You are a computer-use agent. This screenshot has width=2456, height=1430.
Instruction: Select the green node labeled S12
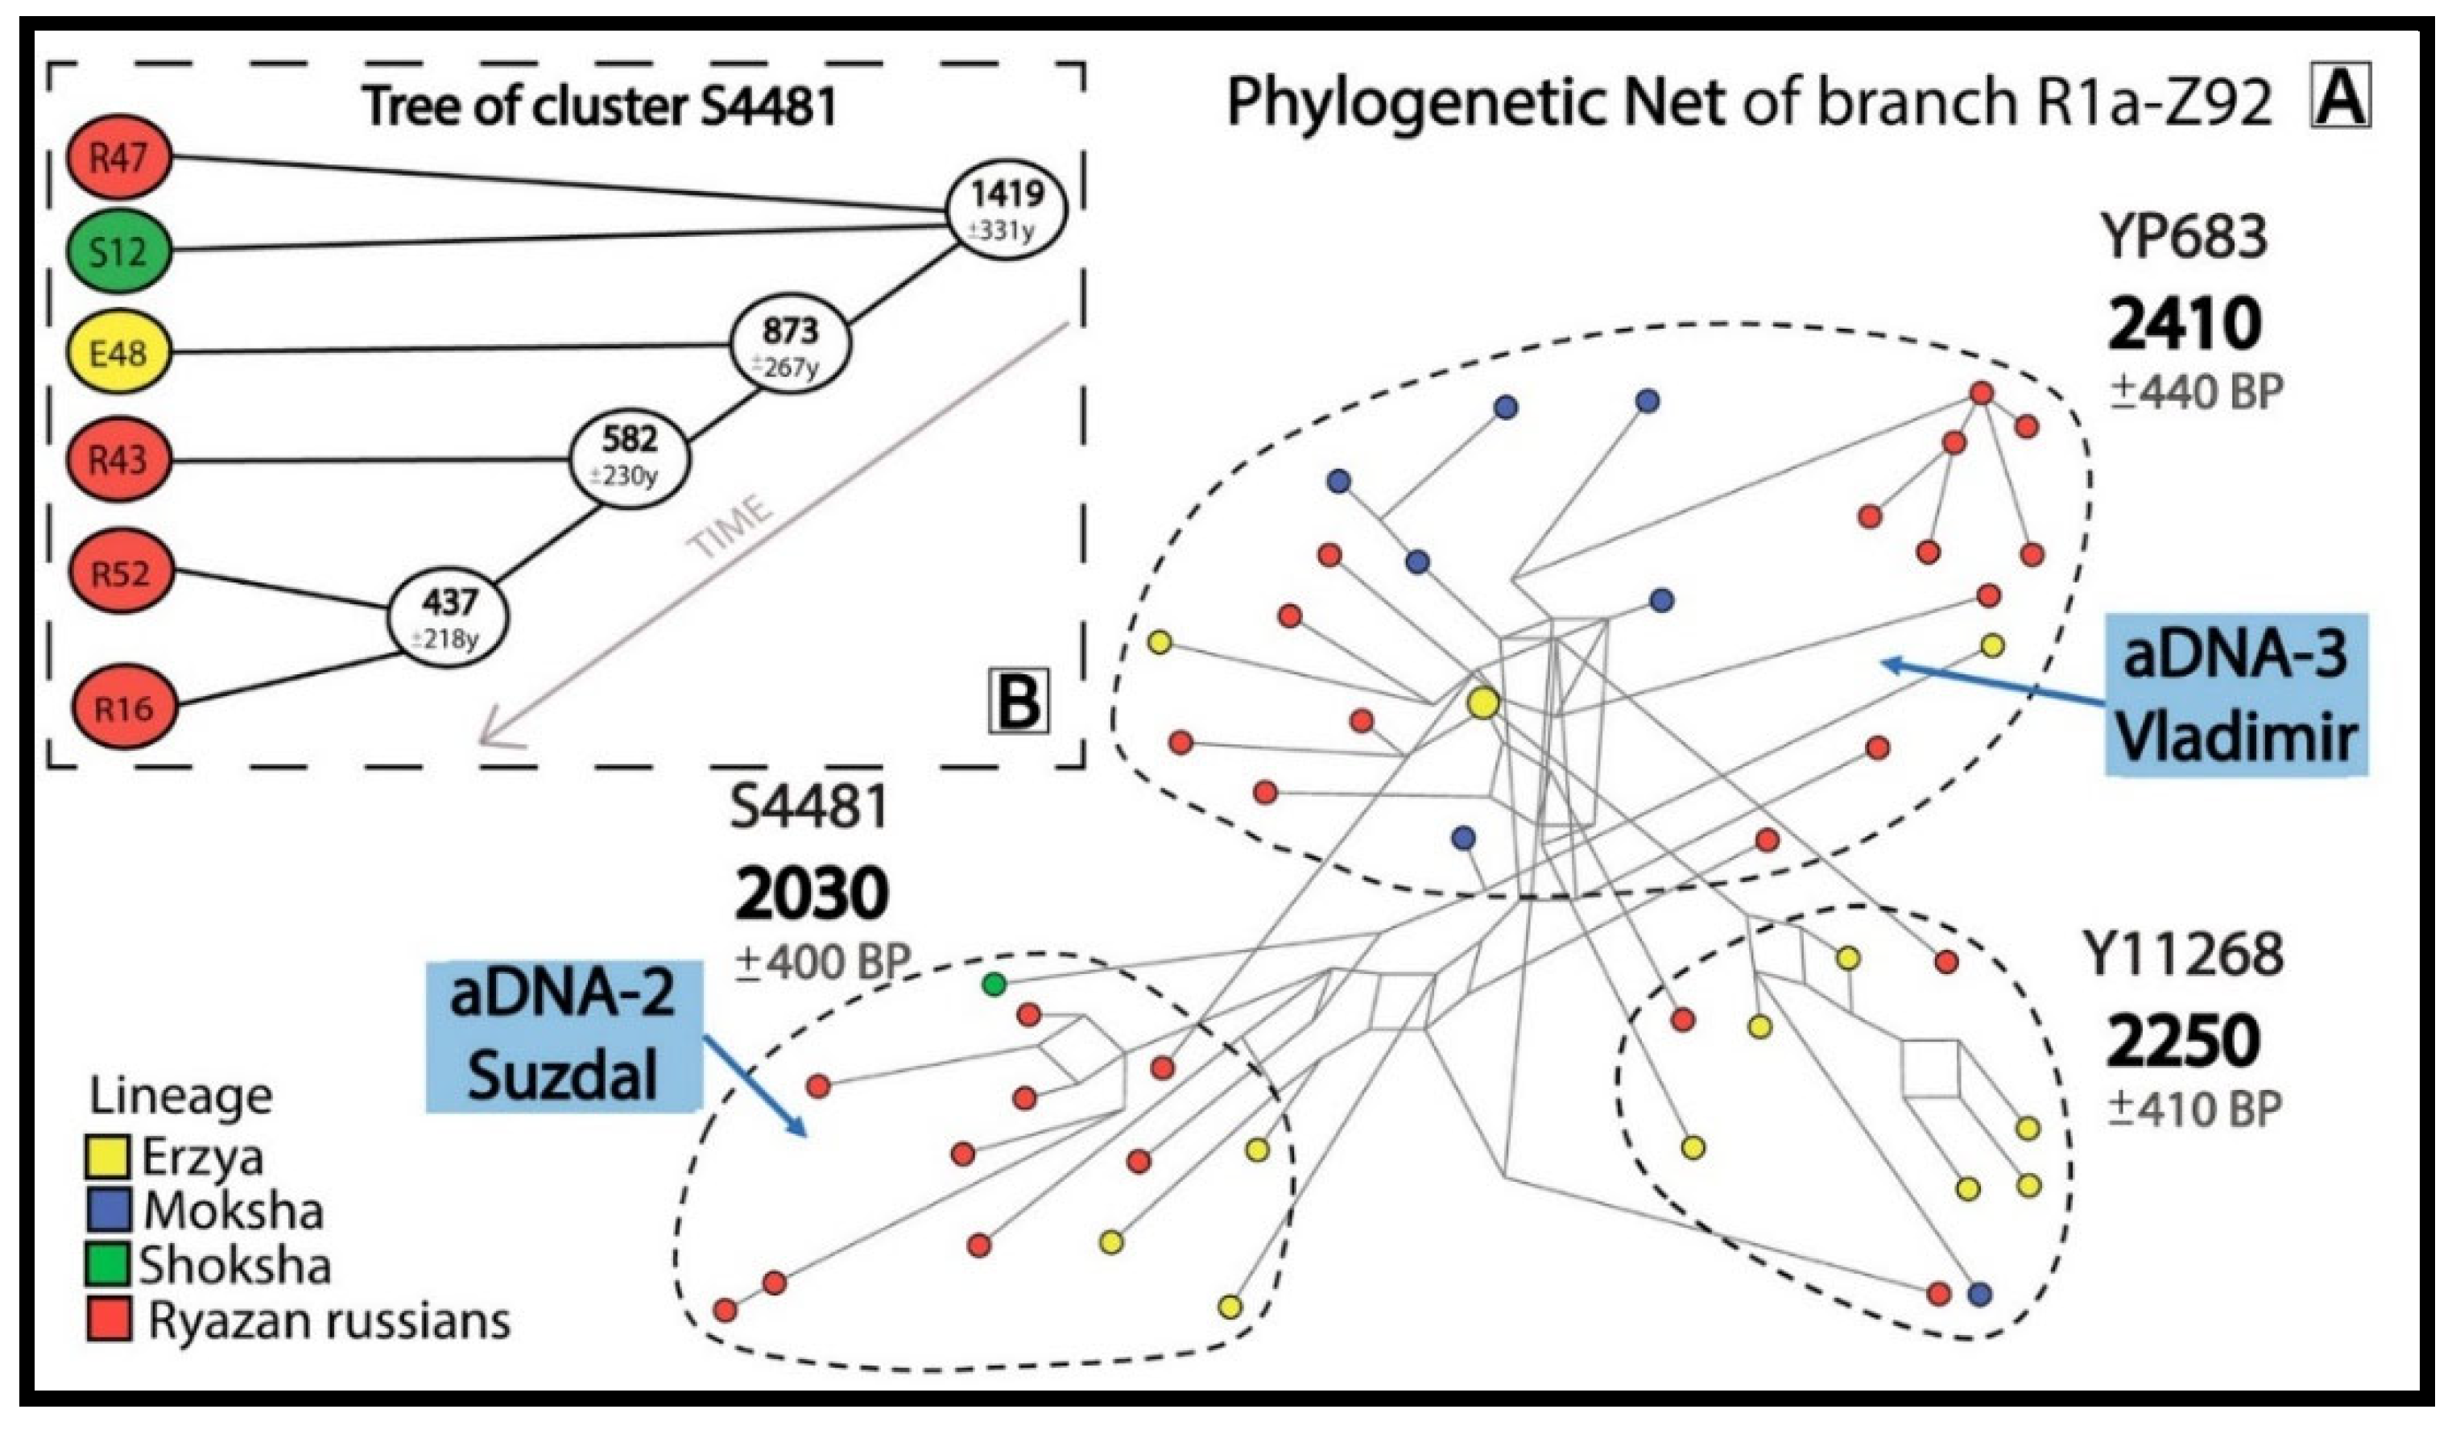pyautogui.click(x=120, y=252)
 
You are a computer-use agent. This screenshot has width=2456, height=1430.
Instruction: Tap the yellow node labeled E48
pyautogui.click(x=120, y=352)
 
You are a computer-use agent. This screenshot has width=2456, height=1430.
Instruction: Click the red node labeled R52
pyautogui.click(x=122, y=572)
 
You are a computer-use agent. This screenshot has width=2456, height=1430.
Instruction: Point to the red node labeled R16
pyautogui.click(x=126, y=707)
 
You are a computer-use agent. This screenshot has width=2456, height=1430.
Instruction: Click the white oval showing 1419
pyautogui.click(x=1007, y=208)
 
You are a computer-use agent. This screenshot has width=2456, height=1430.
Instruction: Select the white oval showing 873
pyautogui.click(x=791, y=344)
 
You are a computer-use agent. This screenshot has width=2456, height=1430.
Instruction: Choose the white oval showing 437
pyautogui.click(x=449, y=617)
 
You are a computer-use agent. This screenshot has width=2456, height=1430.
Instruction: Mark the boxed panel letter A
pyautogui.click(x=2340, y=102)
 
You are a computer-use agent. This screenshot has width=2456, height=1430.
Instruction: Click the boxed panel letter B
pyautogui.click(x=1019, y=700)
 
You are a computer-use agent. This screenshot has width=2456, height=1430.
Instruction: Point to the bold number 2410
pyautogui.click(x=2183, y=325)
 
